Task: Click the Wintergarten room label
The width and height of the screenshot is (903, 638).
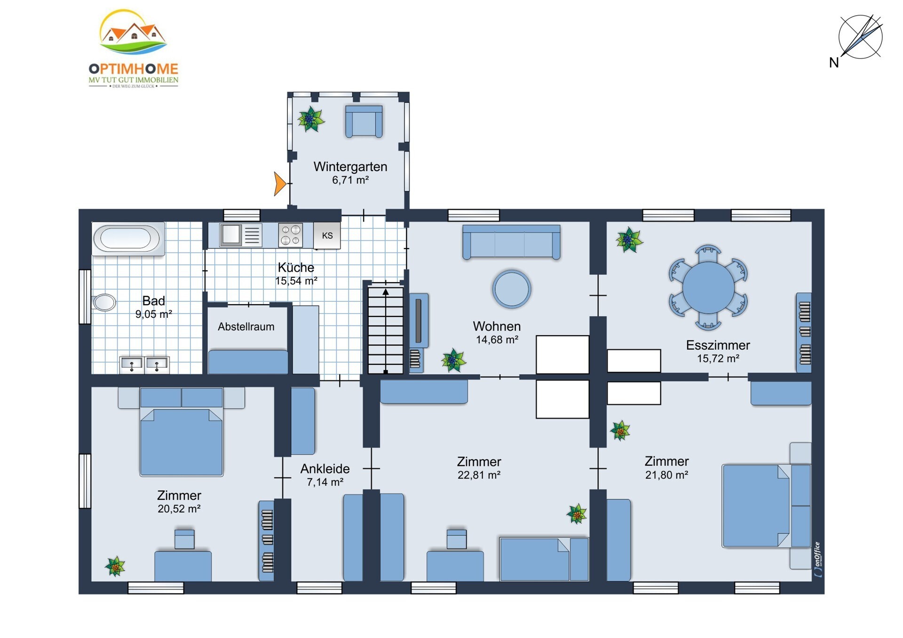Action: tap(350, 166)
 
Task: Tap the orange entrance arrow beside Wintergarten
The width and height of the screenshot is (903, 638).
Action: tap(279, 183)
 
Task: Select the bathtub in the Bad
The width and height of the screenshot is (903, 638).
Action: tap(128, 238)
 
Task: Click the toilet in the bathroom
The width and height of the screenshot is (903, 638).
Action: tap(104, 302)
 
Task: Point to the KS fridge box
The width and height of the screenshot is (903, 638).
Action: tap(327, 236)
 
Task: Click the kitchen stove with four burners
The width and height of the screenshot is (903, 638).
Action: tap(290, 235)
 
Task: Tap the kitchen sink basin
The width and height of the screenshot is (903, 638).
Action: tap(230, 235)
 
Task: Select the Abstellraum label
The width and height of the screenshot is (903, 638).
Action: tap(246, 327)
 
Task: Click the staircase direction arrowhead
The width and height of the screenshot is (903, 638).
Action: tap(386, 292)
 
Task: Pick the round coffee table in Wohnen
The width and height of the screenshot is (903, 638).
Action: tap(512, 289)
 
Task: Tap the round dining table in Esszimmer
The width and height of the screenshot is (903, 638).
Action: tap(708, 287)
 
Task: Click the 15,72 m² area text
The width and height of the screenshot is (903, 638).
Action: tap(718, 359)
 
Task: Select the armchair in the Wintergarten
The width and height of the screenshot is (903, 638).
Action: tap(364, 121)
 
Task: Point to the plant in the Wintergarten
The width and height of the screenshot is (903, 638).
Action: tap(311, 119)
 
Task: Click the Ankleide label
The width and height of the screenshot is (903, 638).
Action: tap(325, 469)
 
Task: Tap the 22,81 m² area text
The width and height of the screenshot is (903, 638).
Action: tap(479, 475)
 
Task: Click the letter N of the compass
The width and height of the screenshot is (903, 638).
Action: tap(834, 63)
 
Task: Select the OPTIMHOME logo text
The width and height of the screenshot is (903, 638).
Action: tap(134, 69)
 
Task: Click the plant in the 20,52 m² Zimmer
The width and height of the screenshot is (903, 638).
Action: tap(115, 566)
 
